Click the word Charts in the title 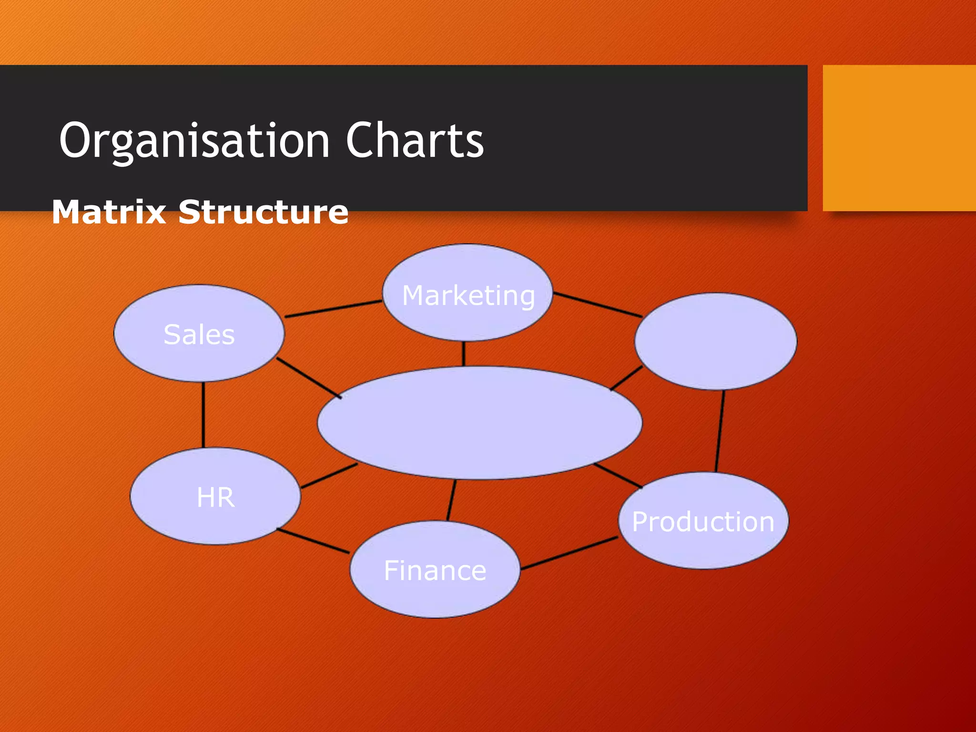tap(414, 141)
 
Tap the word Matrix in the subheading tap(109, 212)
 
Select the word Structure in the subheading tap(263, 212)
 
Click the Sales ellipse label tap(199, 334)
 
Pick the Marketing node tap(468, 295)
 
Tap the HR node tap(215, 497)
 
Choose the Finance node tap(435, 570)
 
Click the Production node tap(703, 521)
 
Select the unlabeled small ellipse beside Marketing tap(715, 341)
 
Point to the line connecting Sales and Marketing tap(334, 309)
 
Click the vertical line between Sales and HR tap(203, 415)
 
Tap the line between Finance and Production tap(569, 553)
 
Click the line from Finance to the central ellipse tap(451, 500)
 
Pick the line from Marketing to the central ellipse tap(463, 354)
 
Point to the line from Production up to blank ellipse tap(720, 431)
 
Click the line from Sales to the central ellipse tap(309, 377)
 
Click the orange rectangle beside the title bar tap(899, 138)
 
